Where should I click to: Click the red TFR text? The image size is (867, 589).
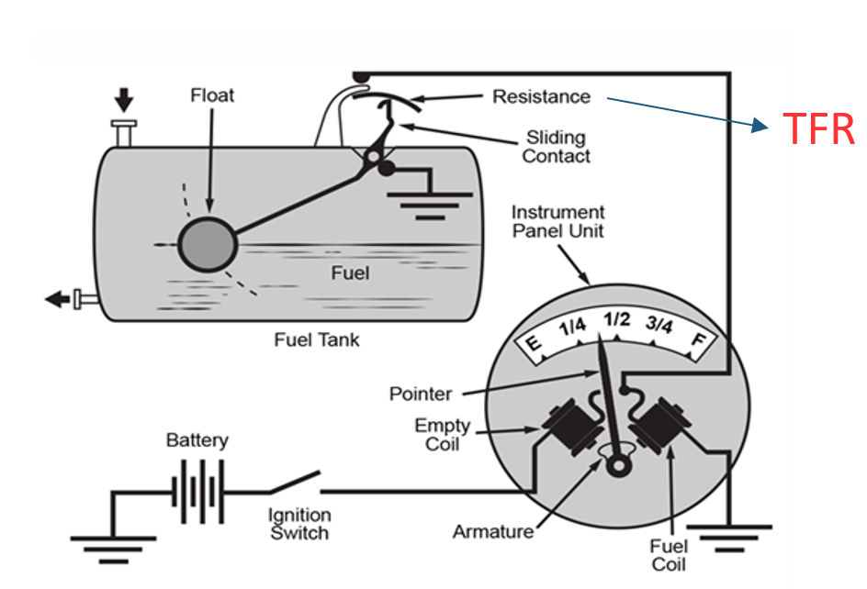pyautogui.click(x=819, y=129)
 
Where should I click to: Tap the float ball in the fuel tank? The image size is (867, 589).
pyautogui.click(x=208, y=245)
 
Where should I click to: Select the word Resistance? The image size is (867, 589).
pyautogui.click(x=541, y=96)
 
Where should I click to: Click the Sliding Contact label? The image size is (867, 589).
pyautogui.click(x=557, y=147)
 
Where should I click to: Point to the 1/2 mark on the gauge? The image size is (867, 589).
pyautogui.click(x=616, y=319)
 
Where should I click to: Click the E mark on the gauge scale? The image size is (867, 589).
pyautogui.click(x=533, y=343)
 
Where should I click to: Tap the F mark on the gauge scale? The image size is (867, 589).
pyautogui.click(x=700, y=339)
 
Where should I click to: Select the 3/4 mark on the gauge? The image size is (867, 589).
pyautogui.click(x=659, y=324)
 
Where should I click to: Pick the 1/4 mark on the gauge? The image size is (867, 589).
pyautogui.click(x=572, y=327)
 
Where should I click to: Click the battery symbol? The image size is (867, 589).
pyautogui.click(x=198, y=491)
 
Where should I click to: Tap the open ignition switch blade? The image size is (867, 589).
pyautogui.click(x=295, y=482)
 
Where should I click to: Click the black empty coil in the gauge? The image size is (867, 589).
pyautogui.click(x=573, y=426)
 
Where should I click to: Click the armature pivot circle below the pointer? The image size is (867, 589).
pyautogui.click(x=618, y=466)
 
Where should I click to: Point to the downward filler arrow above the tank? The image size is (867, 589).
pyautogui.click(x=124, y=100)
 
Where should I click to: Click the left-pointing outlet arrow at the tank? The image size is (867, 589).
pyautogui.click(x=57, y=299)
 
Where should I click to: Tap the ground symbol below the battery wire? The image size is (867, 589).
pyautogui.click(x=113, y=550)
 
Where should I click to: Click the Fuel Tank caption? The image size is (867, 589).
pyautogui.click(x=317, y=339)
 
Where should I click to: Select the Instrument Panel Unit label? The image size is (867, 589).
pyautogui.click(x=557, y=221)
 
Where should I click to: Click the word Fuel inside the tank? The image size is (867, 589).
pyautogui.click(x=350, y=273)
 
